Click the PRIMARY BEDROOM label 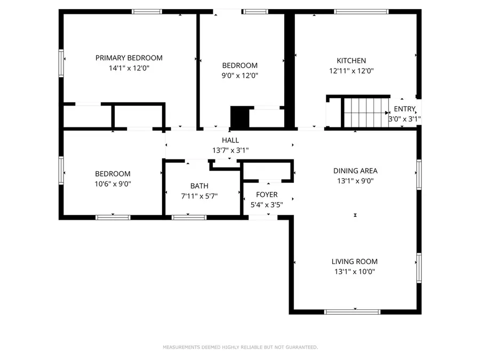[x=129, y=58]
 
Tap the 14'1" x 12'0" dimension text [x=129, y=68]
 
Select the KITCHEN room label [x=351, y=61]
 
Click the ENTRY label [x=404, y=109]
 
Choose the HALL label [x=230, y=140]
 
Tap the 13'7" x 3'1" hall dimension [x=230, y=150]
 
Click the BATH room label [x=199, y=186]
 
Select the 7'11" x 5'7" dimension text [x=199, y=196]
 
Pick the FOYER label [x=267, y=195]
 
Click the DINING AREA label [x=355, y=171]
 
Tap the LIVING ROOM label [x=355, y=261]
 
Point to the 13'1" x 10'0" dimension [x=355, y=271]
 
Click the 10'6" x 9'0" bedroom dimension [x=113, y=183]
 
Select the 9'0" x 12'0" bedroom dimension [x=240, y=76]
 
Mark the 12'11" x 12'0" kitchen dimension [x=351, y=70]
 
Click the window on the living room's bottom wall [x=345, y=311]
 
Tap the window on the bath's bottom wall [x=189, y=217]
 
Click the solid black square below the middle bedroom [x=239, y=117]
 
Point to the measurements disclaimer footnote [x=240, y=347]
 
